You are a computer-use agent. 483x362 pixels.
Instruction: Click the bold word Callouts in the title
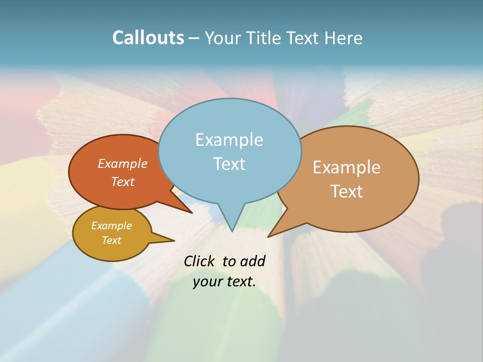click(x=148, y=38)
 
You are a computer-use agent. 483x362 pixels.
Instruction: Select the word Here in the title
click(x=344, y=38)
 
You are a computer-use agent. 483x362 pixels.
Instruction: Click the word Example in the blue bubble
click(x=229, y=140)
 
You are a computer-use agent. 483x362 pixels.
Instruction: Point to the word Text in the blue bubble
click(x=229, y=163)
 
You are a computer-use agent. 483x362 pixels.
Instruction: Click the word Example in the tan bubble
click(x=347, y=167)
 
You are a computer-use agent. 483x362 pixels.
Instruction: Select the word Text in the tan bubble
click(x=347, y=191)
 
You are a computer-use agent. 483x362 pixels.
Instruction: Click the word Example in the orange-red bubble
click(x=123, y=163)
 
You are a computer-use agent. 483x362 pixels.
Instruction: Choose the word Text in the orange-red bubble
click(x=123, y=182)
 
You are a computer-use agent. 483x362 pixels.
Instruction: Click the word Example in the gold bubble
click(x=111, y=226)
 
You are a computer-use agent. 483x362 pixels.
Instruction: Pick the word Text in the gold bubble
click(x=111, y=240)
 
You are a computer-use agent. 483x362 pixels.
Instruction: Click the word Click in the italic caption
click(x=199, y=261)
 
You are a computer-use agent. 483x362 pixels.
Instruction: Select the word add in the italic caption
click(x=253, y=261)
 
